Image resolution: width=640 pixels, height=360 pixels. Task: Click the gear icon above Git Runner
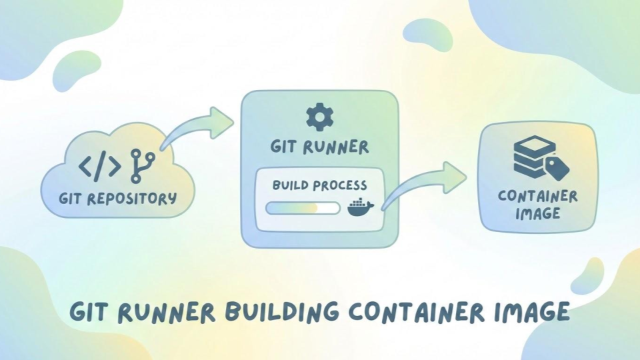(x=319, y=117)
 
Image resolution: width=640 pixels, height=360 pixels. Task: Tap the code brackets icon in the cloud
(x=100, y=165)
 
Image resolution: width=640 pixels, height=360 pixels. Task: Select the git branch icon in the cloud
(x=141, y=165)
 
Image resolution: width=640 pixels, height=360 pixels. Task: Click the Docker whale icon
(x=361, y=207)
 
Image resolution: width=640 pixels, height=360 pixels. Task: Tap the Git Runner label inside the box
(x=319, y=147)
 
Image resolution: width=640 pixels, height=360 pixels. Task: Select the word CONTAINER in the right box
(x=537, y=196)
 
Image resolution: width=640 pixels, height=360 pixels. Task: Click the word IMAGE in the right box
(x=537, y=214)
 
